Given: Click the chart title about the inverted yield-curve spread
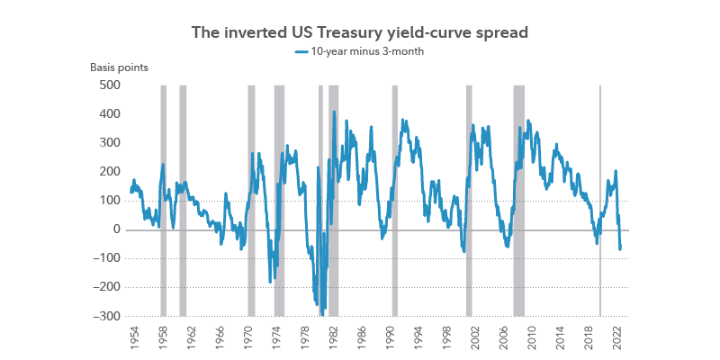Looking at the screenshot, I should coord(359,32).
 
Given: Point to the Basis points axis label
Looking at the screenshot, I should coord(119,68).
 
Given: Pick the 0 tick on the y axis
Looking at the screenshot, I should coord(117,229).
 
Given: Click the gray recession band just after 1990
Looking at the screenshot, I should coord(394,198).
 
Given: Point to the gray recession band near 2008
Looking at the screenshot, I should coord(518,198).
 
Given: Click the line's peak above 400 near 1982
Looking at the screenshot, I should coord(334,112).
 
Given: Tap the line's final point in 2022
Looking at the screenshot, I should coord(621,249).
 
